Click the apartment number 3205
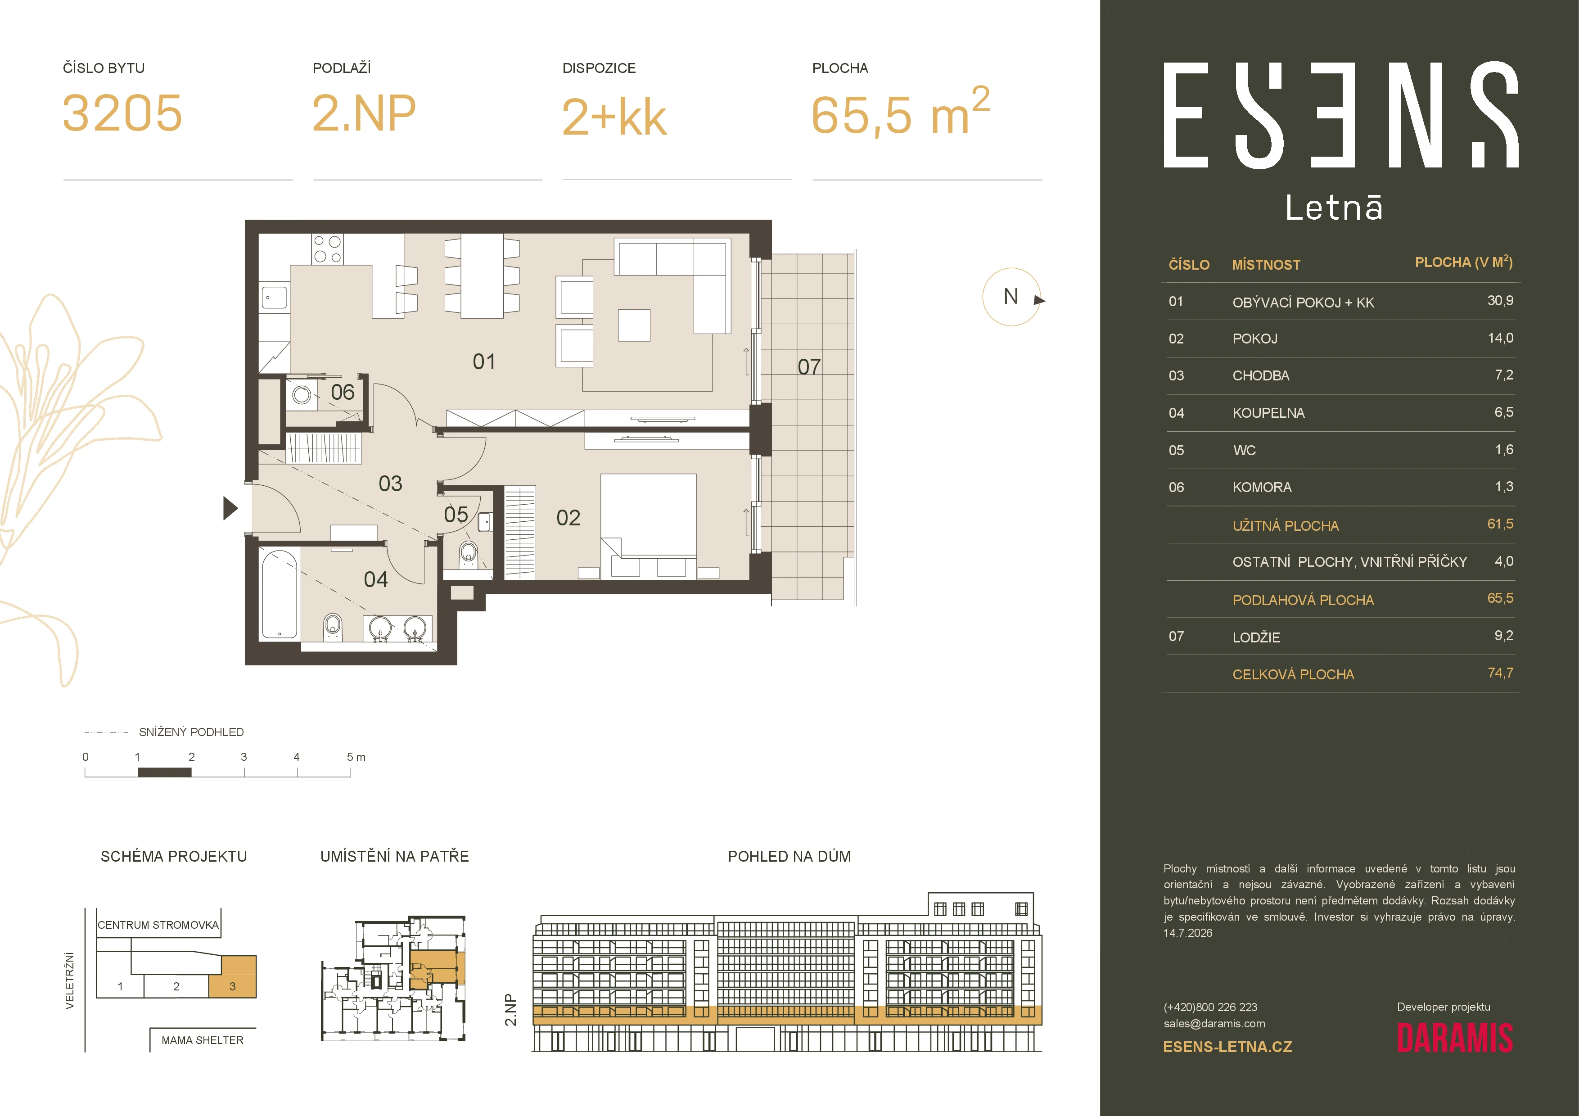pyautogui.click(x=122, y=113)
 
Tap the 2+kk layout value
pyautogui.click(x=614, y=117)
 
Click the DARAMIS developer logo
pyautogui.click(x=1454, y=1038)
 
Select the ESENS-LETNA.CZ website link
pyautogui.click(x=1227, y=1047)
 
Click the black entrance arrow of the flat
pyautogui.click(x=230, y=508)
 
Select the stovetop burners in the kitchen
pyautogui.click(x=327, y=249)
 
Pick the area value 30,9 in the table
pyautogui.click(x=1500, y=300)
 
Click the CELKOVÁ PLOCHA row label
pyautogui.click(x=1293, y=674)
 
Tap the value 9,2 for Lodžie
pyautogui.click(x=1503, y=635)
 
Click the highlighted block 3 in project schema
pyautogui.click(x=232, y=976)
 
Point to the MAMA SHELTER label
pyautogui.click(x=202, y=1040)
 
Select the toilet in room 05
pyautogui.click(x=469, y=554)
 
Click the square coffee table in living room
pyautogui.click(x=634, y=325)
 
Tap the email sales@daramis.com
pyautogui.click(x=1214, y=1024)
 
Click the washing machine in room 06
pyautogui.click(x=301, y=395)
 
